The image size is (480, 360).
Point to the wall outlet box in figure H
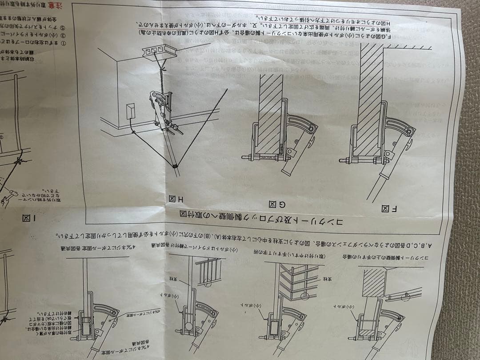pyautogui.click(x=130, y=111)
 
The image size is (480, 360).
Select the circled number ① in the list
pyautogui.click(x=63, y=43)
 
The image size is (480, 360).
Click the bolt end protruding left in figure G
pyautogui.click(x=245, y=157)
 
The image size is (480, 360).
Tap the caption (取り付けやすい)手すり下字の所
pyautogui.click(x=288, y=256)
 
